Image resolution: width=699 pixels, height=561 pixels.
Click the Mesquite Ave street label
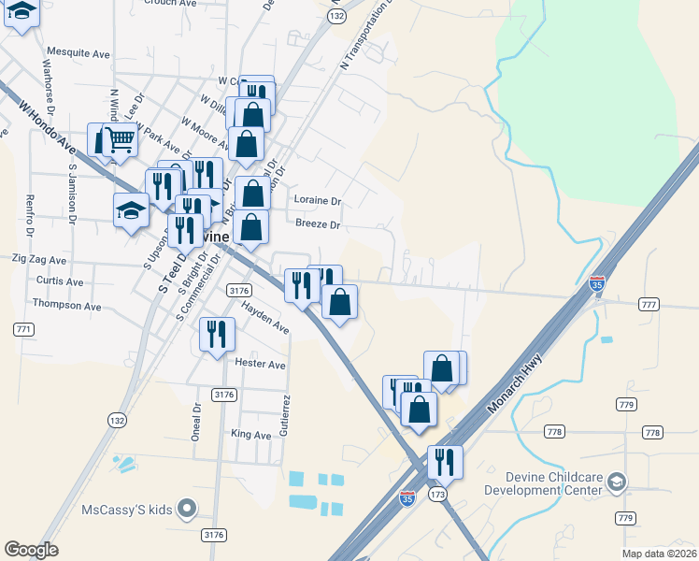pos(78,53)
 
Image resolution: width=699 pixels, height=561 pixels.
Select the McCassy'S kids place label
pos(127,510)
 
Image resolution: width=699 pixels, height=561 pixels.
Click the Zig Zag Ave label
pos(38,259)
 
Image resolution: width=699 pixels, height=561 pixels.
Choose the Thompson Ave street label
pos(66,305)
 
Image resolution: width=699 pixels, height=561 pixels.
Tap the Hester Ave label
pos(261,364)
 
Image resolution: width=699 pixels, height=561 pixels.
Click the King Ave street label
pos(250,435)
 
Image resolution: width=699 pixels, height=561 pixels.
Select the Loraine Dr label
pos(319,200)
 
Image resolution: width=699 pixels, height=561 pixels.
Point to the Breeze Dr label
pos(318,224)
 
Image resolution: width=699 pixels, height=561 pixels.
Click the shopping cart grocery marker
pos(118,140)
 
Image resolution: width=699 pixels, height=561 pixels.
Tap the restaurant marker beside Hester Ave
pos(217,335)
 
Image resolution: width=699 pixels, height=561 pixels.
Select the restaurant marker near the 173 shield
pos(446,462)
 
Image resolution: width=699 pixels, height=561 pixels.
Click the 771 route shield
pos(24,329)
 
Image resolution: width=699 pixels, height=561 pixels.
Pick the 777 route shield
pos(649,305)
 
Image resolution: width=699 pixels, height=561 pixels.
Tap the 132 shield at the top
pos(337,17)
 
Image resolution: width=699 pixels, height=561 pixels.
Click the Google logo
pos(31,550)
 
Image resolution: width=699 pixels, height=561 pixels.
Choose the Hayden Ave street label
pos(264,316)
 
